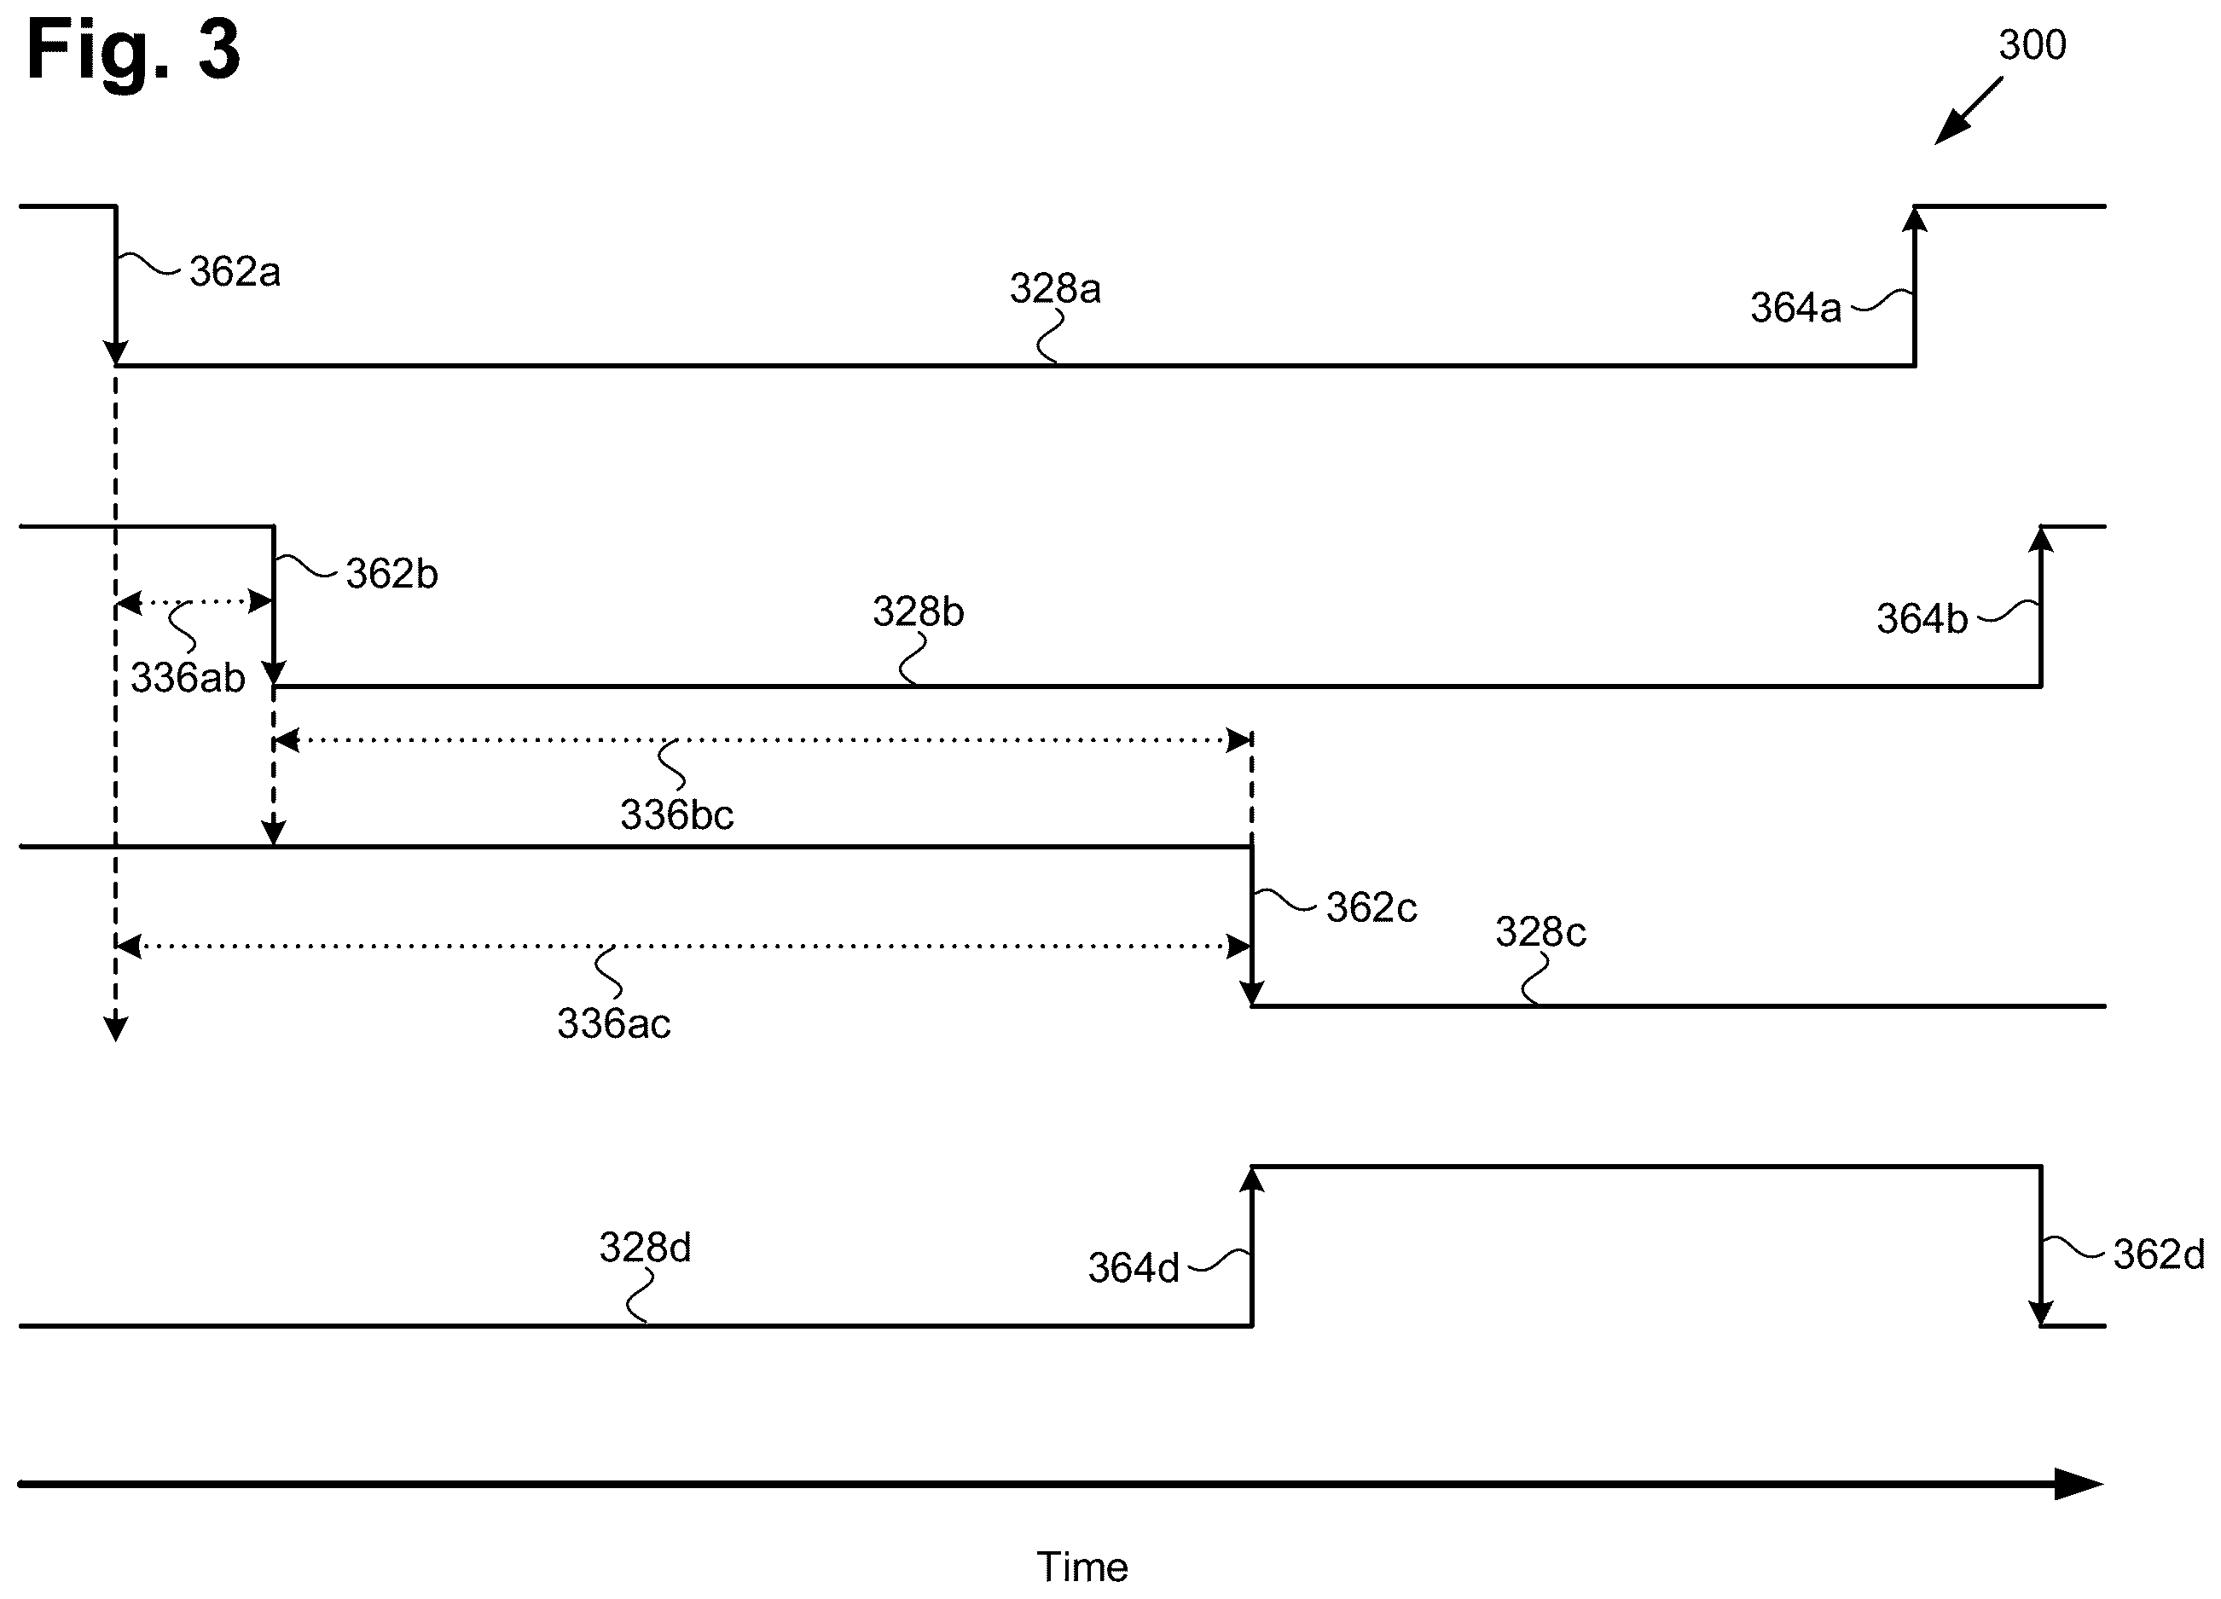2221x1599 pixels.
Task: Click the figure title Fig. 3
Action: coord(133,51)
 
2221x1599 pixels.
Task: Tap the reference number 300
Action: coord(2032,45)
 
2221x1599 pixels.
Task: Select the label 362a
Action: coord(235,271)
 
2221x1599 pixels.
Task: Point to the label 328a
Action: coord(1056,289)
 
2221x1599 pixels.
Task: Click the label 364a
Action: coord(1796,308)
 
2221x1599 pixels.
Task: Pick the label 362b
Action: coord(391,574)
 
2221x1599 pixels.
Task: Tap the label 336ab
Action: coord(188,678)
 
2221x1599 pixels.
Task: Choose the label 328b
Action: coord(919,612)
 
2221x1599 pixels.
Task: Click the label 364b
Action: coord(1922,619)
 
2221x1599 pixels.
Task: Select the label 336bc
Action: coord(676,814)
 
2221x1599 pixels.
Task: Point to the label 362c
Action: coord(1371,907)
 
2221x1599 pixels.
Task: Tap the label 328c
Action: coord(1540,932)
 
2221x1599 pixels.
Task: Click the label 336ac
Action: coord(614,1024)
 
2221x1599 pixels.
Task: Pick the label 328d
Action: coord(646,1248)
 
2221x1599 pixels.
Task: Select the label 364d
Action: coord(1134,1268)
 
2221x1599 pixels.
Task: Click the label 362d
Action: coord(2160,1254)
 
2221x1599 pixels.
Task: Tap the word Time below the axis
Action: coord(1082,1567)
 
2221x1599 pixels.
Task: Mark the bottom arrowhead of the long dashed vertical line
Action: coord(115,1029)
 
